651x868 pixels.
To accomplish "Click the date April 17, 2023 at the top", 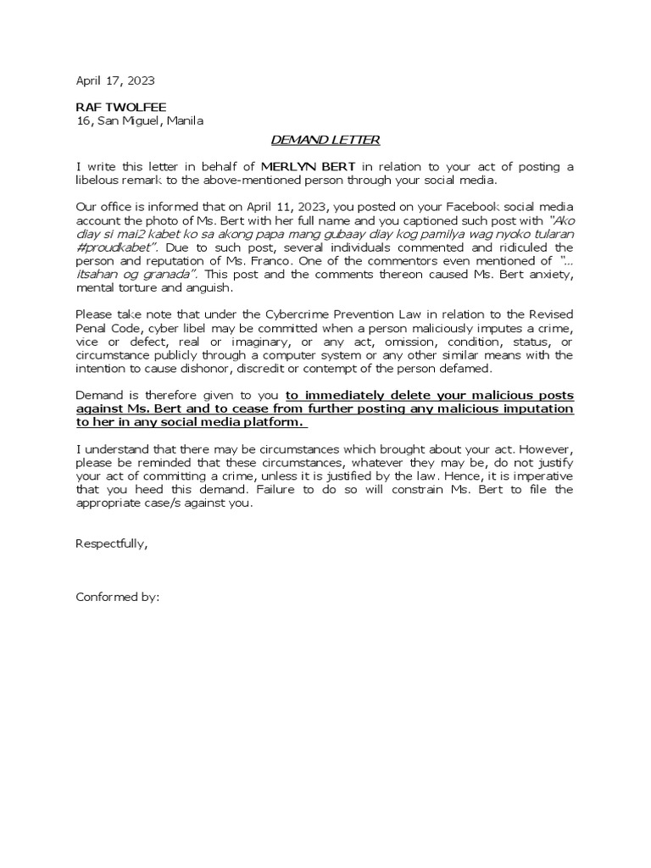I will [115, 81].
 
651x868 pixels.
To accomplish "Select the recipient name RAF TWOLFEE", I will [121, 107].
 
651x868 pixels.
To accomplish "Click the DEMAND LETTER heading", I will [325, 140].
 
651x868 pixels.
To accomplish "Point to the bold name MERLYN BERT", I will [308, 167].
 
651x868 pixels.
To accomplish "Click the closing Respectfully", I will [112, 543].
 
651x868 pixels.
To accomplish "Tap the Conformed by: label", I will [118, 597].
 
